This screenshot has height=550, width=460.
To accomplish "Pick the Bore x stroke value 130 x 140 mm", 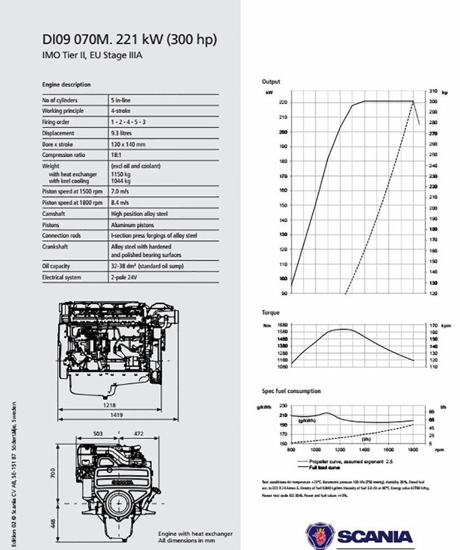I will (x=128, y=144).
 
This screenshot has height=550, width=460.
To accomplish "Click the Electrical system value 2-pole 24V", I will (x=126, y=277).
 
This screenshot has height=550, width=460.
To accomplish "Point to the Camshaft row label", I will (x=53, y=213).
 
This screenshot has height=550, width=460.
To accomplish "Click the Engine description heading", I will (x=67, y=85).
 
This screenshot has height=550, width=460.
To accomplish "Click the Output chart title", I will (x=271, y=82).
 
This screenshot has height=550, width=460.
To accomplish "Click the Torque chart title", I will (x=271, y=313).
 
